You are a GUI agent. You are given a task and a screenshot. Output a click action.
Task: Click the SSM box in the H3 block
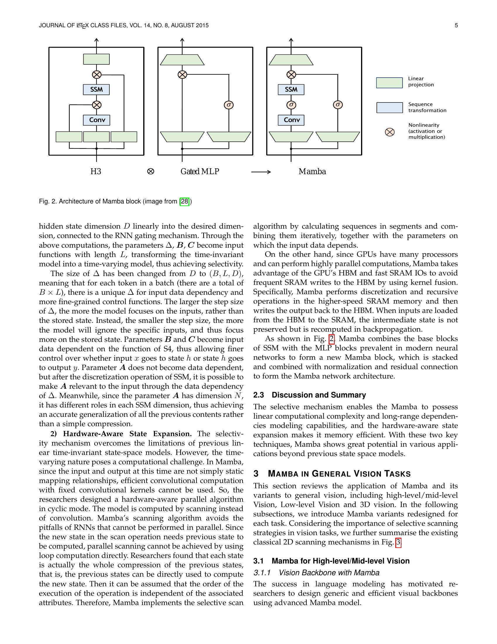96,90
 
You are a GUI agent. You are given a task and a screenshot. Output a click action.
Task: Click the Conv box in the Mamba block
291,120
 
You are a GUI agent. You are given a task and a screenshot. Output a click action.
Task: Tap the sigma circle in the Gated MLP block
229,105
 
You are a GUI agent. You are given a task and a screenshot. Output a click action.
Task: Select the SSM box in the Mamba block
291,90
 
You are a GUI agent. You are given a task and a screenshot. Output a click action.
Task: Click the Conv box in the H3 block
96,120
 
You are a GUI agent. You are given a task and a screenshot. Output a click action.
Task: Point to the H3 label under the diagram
96,172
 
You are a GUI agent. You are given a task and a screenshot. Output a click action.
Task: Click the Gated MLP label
200,172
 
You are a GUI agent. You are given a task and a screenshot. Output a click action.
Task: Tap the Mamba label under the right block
312,172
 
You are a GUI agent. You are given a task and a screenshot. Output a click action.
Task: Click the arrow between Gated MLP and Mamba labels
261,172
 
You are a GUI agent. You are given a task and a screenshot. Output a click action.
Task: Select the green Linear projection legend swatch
389,83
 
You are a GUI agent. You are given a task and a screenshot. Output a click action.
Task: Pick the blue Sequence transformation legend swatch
389,108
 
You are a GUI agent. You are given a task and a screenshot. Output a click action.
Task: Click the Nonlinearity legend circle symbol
389,132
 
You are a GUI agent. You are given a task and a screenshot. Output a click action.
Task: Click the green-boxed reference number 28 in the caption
184,201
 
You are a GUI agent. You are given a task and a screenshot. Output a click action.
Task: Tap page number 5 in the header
456,26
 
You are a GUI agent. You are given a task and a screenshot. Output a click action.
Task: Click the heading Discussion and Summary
319,395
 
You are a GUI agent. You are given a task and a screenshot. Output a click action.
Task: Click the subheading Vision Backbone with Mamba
329,573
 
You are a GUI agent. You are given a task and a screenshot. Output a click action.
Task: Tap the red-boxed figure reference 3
398,542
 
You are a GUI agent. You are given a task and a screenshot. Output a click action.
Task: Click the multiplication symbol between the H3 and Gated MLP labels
151,172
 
